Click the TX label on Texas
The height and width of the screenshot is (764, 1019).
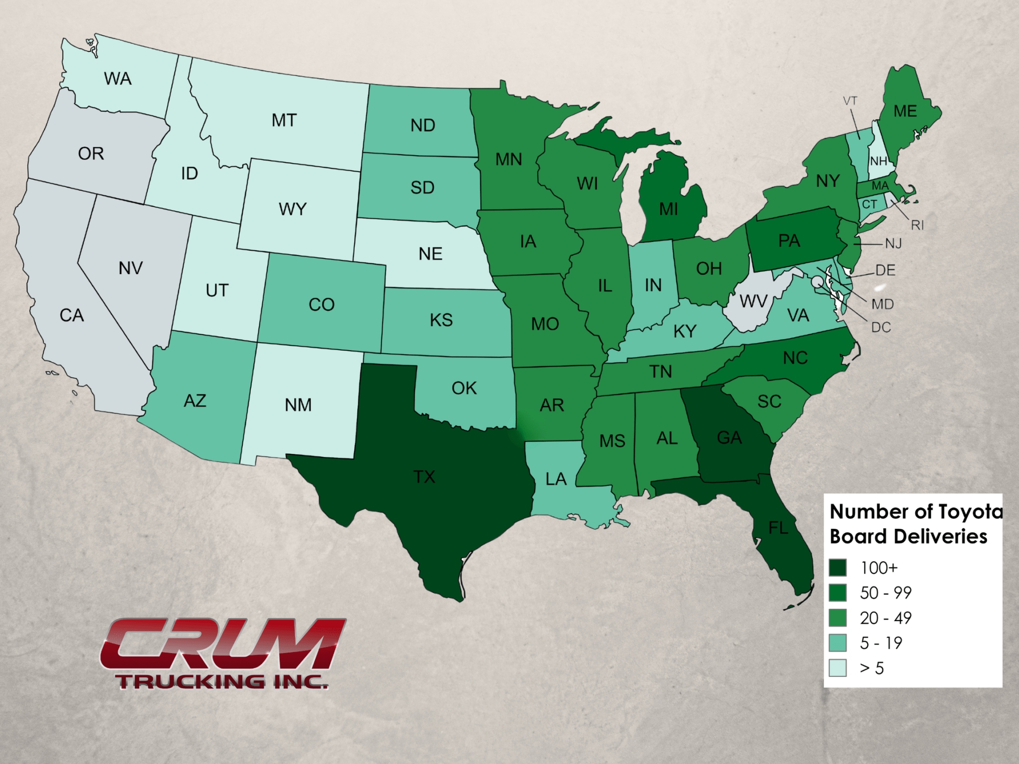pos(424,477)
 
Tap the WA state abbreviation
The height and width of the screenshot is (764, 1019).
pos(118,79)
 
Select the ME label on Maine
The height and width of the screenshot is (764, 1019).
pos(905,111)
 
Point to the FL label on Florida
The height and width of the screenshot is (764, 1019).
pos(779,528)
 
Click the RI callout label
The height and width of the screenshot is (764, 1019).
pos(917,225)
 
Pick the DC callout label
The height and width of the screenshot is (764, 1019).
pos(881,327)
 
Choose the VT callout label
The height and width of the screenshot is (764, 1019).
pos(850,101)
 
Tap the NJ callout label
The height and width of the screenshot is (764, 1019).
pos(893,244)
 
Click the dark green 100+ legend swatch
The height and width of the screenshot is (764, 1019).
pos(838,568)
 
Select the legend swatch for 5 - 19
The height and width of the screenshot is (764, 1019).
pos(838,643)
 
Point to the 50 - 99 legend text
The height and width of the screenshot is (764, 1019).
pos(886,593)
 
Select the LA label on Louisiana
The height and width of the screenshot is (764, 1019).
pos(556,479)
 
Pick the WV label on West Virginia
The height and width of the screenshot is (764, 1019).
pos(753,301)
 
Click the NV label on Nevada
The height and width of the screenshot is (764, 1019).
pos(130,269)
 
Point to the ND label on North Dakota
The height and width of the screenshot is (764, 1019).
pos(423,125)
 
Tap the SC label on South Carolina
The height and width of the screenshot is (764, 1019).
pos(769,401)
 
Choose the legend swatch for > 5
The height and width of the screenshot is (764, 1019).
pos(838,668)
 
